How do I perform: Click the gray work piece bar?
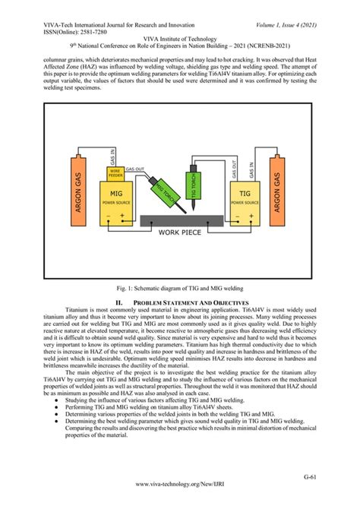(x=181, y=221)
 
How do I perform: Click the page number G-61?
(x=331, y=476)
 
